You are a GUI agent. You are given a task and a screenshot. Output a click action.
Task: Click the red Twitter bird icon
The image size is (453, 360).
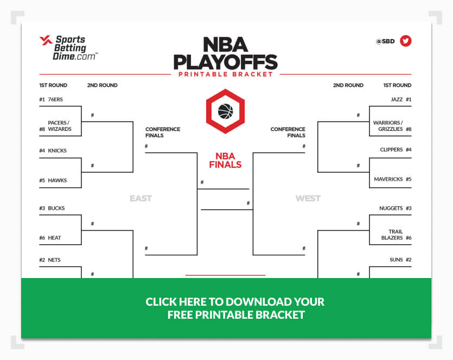pyautogui.click(x=406, y=41)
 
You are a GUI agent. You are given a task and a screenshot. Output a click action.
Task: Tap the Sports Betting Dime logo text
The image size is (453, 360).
pyautogui.click(x=74, y=48)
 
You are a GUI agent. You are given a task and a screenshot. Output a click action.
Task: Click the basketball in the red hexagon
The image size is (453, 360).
pyautogui.click(x=225, y=111)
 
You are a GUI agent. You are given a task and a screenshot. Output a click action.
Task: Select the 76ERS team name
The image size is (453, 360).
pyautogui.click(x=55, y=99)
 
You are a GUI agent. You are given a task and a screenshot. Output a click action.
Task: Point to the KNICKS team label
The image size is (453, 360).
pyautogui.click(x=57, y=150)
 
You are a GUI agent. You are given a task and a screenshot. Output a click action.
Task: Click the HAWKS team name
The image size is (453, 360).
pyautogui.click(x=57, y=180)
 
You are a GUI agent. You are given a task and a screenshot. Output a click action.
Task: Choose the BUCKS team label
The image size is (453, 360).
pyautogui.click(x=56, y=208)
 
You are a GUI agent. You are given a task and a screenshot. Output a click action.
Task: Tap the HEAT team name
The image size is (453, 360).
pyautogui.click(x=54, y=238)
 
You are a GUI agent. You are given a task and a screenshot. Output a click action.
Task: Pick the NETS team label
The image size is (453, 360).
pyautogui.click(x=54, y=260)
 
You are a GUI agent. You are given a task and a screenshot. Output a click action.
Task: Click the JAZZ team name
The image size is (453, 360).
pyautogui.click(x=397, y=99)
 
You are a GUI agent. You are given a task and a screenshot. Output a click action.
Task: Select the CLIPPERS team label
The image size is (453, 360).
pyautogui.click(x=392, y=149)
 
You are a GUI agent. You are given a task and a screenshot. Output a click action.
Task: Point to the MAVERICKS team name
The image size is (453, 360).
pyautogui.click(x=388, y=179)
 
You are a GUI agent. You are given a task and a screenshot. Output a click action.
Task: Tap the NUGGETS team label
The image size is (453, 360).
pyautogui.click(x=391, y=208)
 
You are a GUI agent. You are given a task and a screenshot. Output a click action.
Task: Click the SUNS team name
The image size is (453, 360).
pyautogui.click(x=396, y=260)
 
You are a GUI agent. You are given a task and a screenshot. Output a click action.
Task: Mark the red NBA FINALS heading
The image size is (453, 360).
pyautogui.click(x=225, y=160)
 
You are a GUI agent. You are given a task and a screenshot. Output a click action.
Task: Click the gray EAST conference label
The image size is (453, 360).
pyautogui.click(x=141, y=198)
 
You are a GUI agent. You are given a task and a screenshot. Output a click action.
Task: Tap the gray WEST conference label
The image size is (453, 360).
pyautogui.click(x=308, y=198)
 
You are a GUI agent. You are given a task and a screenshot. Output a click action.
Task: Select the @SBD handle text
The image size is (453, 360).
pyautogui.click(x=385, y=41)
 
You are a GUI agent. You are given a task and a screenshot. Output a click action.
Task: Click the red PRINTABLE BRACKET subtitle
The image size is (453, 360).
pyautogui.click(x=226, y=74)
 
